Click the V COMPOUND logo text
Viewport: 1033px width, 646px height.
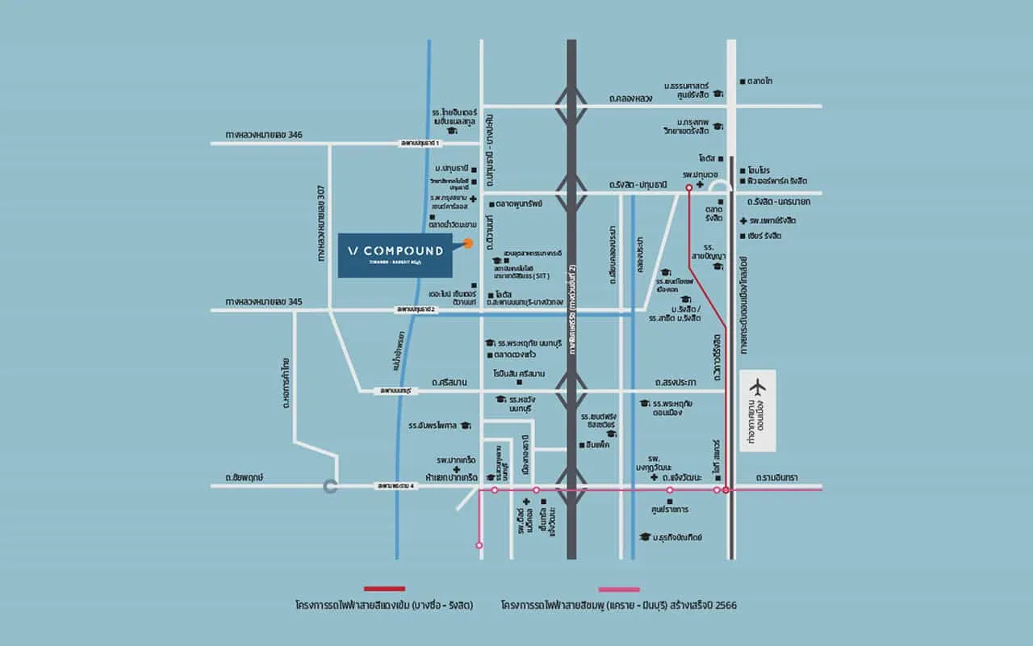click(395, 250)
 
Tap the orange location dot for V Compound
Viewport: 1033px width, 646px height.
click(468, 243)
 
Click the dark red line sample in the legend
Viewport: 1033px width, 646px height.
click(384, 589)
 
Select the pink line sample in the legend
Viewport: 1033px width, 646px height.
click(619, 589)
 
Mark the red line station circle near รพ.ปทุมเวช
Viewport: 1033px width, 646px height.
click(688, 187)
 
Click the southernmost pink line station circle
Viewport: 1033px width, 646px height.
click(479, 546)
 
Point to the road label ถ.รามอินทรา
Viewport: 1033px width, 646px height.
click(776, 478)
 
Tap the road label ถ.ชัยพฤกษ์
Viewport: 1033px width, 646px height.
click(246, 477)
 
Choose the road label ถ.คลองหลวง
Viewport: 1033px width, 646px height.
click(636, 99)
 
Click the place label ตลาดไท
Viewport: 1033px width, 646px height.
click(759, 82)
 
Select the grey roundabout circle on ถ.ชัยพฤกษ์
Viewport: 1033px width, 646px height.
click(329, 486)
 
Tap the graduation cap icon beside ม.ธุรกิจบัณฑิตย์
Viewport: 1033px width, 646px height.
click(644, 537)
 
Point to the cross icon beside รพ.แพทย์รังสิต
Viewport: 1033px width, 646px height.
click(742, 220)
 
